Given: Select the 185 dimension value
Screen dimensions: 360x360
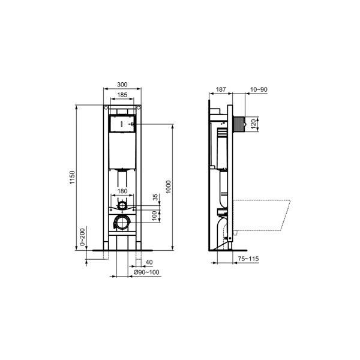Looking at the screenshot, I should [122, 95].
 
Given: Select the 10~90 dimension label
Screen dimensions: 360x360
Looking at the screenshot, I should [259, 89].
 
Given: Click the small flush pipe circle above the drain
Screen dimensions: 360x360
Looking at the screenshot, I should [122, 205].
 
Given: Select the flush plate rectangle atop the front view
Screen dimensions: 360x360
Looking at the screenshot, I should [122, 124].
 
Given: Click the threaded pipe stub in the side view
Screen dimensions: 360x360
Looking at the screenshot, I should [241, 124].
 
